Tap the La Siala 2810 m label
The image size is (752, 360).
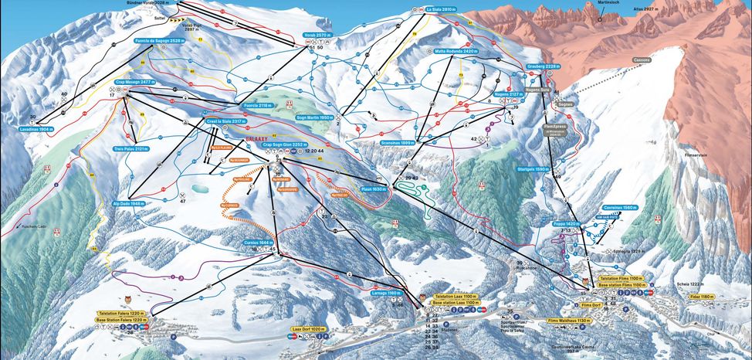point(442,9)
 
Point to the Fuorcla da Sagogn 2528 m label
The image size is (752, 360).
point(160,39)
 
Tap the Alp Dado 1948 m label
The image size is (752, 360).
point(123,205)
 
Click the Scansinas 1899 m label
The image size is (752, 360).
point(398,143)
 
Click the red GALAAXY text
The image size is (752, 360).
point(256,133)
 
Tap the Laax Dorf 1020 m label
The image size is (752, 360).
point(310,328)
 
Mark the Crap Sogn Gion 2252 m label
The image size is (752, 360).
point(285,144)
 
